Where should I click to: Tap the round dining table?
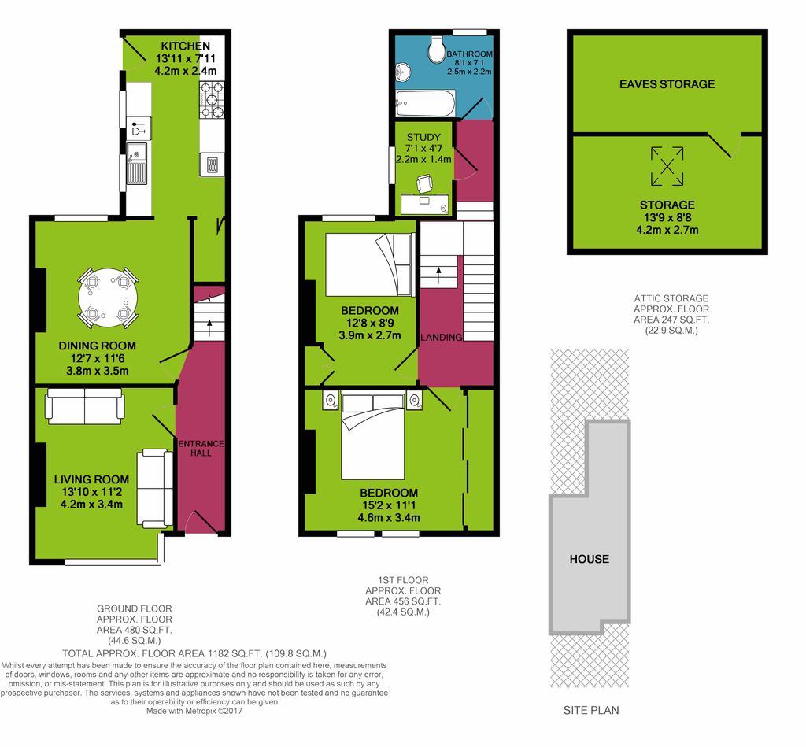(107, 298)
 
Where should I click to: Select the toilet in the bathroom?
(438, 50)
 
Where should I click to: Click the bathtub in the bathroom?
(425, 102)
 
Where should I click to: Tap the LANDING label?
(442, 338)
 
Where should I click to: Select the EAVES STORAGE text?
(667, 84)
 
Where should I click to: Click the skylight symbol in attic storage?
(667, 166)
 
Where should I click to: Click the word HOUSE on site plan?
(590, 559)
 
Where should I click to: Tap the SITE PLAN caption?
(591, 710)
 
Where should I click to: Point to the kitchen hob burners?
(212, 101)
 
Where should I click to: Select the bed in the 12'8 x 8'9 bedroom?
(368, 264)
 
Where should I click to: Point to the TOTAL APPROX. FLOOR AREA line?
(194, 653)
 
